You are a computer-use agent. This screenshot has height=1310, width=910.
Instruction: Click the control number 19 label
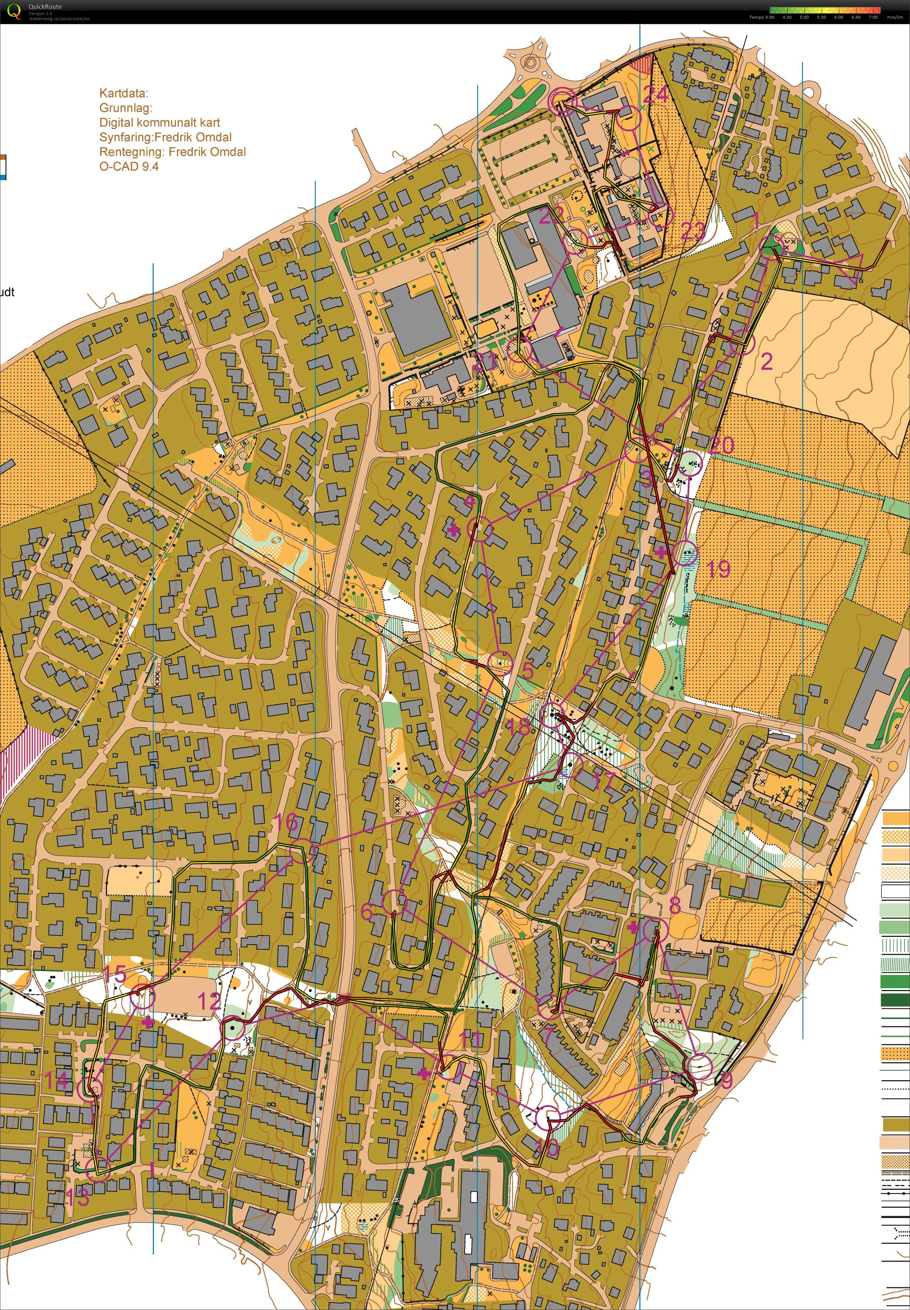[718, 568]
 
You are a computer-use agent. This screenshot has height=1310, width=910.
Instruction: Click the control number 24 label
[656, 94]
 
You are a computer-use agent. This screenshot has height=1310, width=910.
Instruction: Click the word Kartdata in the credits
[123, 93]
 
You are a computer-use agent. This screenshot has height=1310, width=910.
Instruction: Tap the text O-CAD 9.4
[129, 166]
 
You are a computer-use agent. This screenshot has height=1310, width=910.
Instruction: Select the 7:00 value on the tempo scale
[873, 17]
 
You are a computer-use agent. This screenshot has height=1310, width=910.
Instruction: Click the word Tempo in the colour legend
[756, 17]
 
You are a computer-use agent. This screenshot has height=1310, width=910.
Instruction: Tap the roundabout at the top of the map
[531, 62]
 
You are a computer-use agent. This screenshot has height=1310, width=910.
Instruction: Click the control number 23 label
[693, 231]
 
